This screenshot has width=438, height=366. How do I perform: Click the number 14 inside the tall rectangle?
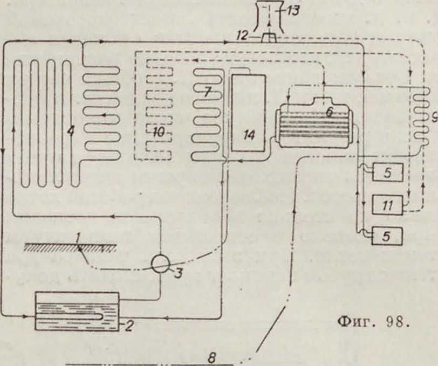coord(249,135)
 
